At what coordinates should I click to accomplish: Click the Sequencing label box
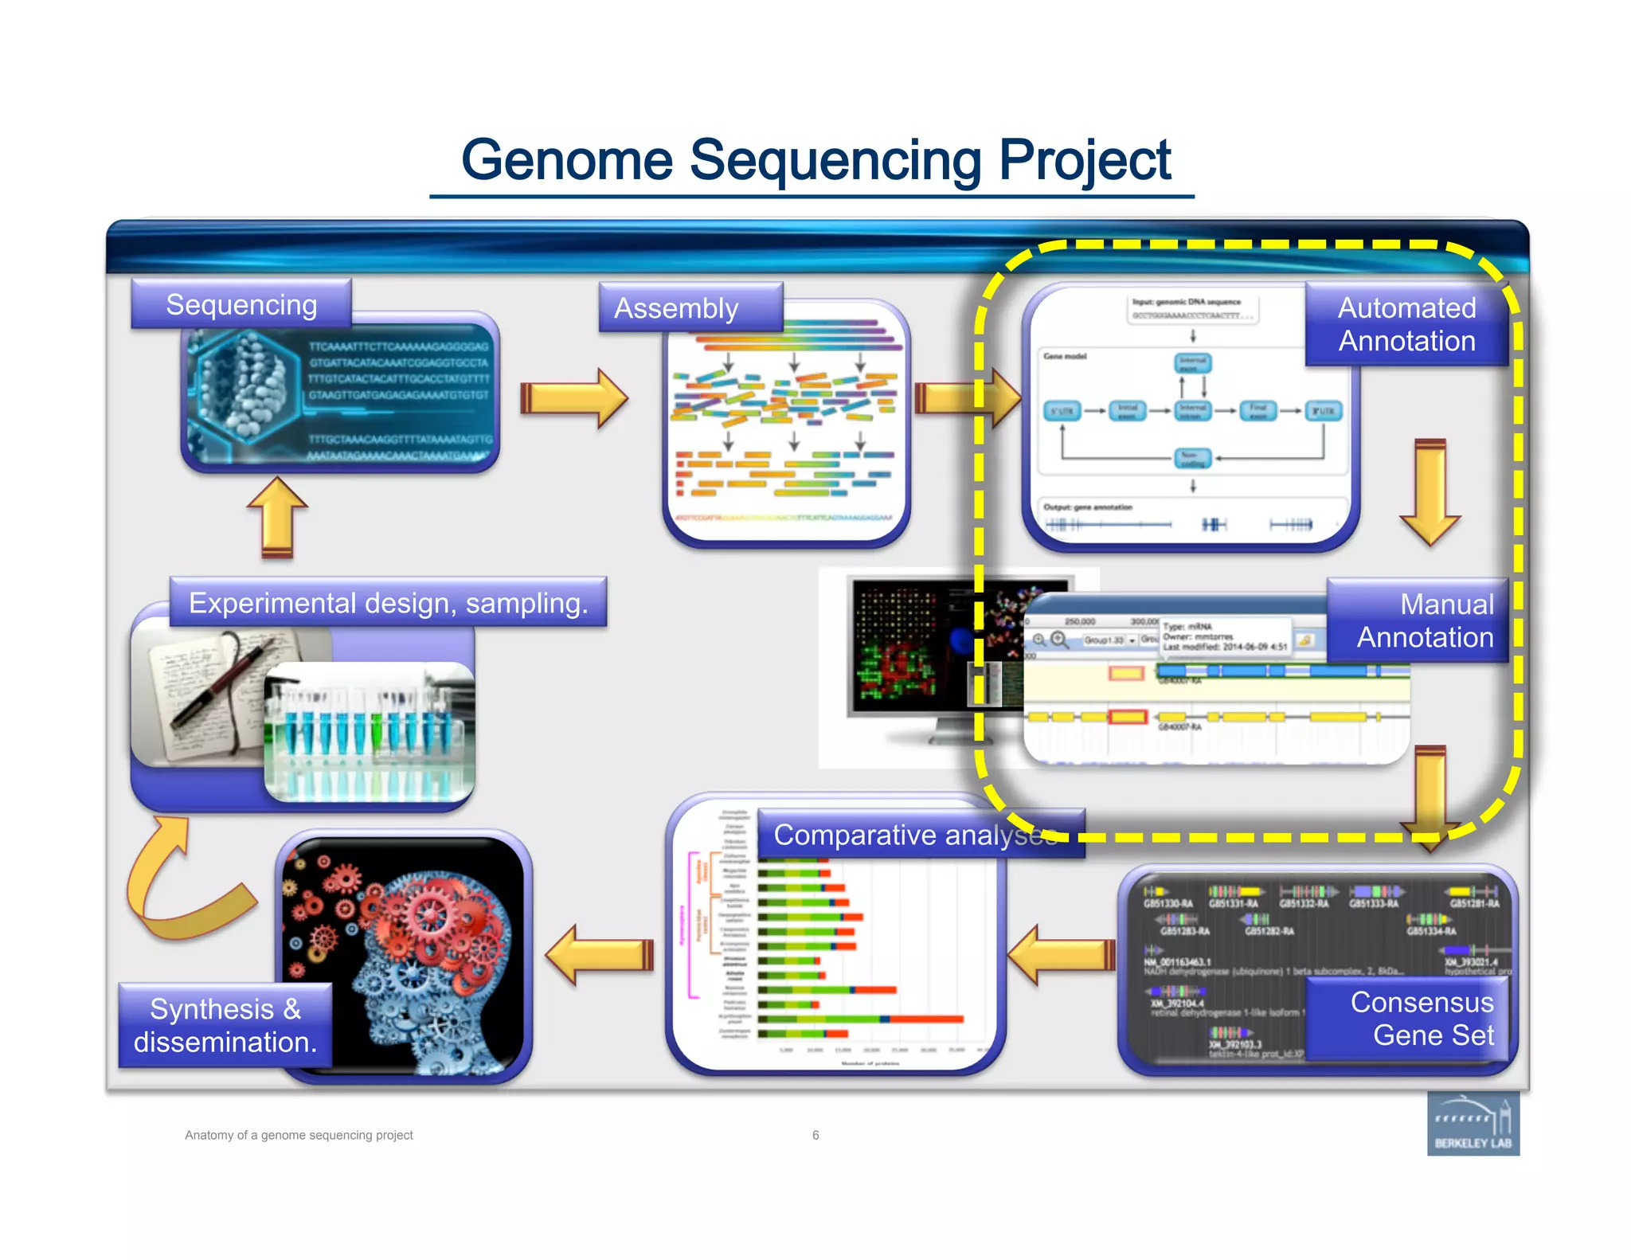pyautogui.click(x=241, y=304)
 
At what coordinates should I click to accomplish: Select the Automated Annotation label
pyautogui.click(x=1406, y=324)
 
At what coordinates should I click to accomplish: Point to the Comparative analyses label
pyautogui.click(x=916, y=834)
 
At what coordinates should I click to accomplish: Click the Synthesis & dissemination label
pyautogui.click(x=225, y=1025)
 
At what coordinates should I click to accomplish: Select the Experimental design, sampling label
pyautogui.click(x=388, y=603)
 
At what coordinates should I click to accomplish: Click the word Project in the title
pyautogui.click(x=1084, y=160)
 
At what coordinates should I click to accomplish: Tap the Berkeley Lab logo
pyautogui.click(x=1473, y=1124)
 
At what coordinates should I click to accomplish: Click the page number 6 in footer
pyautogui.click(x=815, y=1135)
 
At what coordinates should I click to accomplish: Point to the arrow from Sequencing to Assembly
pyautogui.click(x=573, y=398)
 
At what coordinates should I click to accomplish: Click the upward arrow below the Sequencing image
pyautogui.click(x=277, y=517)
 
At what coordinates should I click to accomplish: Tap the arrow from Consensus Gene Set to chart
pyautogui.click(x=1062, y=954)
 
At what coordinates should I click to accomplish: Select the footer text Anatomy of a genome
pyautogui.click(x=299, y=1135)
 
